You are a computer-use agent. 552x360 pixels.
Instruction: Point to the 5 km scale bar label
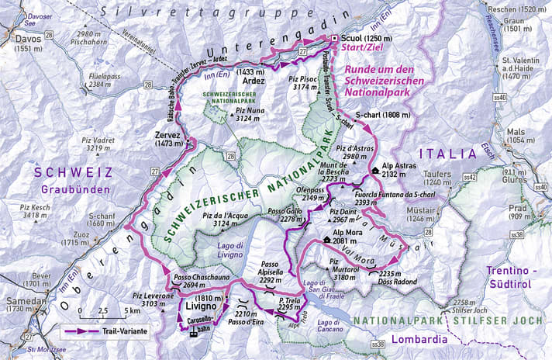click(x=133, y=311)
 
